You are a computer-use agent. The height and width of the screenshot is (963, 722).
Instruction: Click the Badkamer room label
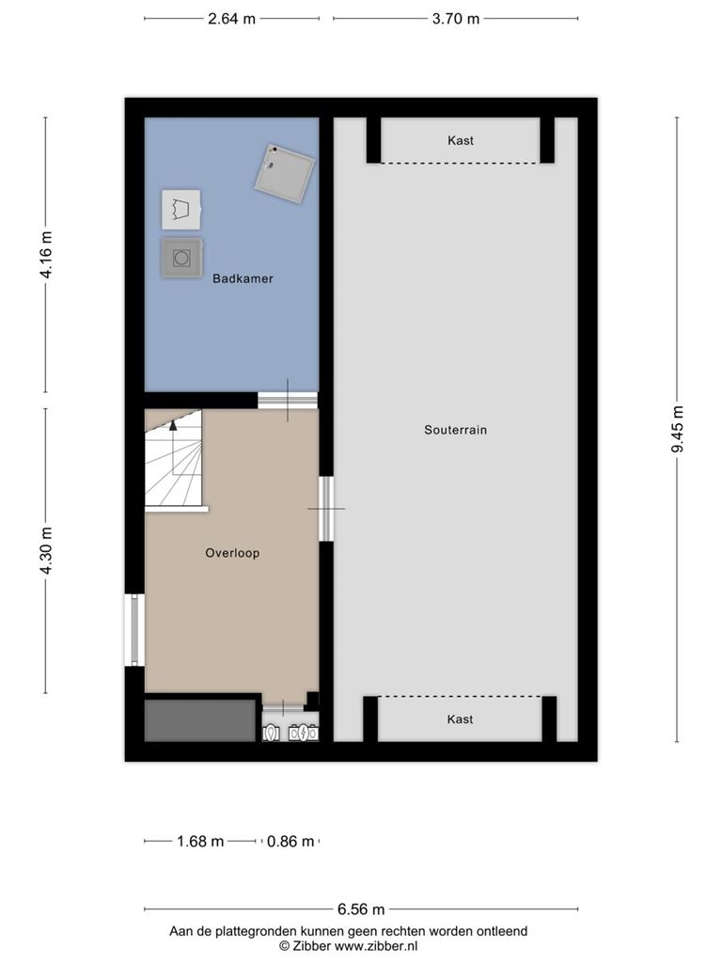coord(243,278)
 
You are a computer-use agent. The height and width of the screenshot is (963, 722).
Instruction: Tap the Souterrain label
coord(456,430)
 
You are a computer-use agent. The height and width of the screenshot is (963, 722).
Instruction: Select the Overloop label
coord(232,553)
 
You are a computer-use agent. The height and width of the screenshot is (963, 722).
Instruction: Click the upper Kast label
coord(461,141)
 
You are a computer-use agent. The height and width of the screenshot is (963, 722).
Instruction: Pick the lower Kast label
coord(460,719)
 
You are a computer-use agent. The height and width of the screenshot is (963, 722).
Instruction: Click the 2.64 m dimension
coord(231,19)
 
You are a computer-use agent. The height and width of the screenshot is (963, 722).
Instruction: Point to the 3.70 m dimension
coord(456,19)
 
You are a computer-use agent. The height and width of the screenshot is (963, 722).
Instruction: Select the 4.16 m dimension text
coord(46,255)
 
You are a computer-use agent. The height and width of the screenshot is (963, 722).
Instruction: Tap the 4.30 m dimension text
coord(46,551)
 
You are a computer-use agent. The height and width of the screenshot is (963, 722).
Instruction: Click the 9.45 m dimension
coord(677,429)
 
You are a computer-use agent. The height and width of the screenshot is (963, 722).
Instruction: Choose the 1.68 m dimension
coord(200,841)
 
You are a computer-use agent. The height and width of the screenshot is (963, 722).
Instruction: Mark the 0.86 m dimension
coord(290,841)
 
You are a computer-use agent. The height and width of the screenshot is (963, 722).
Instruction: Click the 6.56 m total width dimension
coord(361,909)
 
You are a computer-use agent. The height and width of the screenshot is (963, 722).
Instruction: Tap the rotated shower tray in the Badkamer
coord(285,174)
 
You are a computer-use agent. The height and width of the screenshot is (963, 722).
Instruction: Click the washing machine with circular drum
coord(181,258)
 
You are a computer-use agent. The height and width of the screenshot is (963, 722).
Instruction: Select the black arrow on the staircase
coord(173,425)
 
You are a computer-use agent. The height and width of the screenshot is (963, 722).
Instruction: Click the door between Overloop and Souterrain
coord(326,509)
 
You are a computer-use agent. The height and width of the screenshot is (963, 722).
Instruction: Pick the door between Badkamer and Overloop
coord(288,401)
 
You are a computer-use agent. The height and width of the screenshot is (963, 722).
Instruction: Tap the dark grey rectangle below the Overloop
coord(200,720)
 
